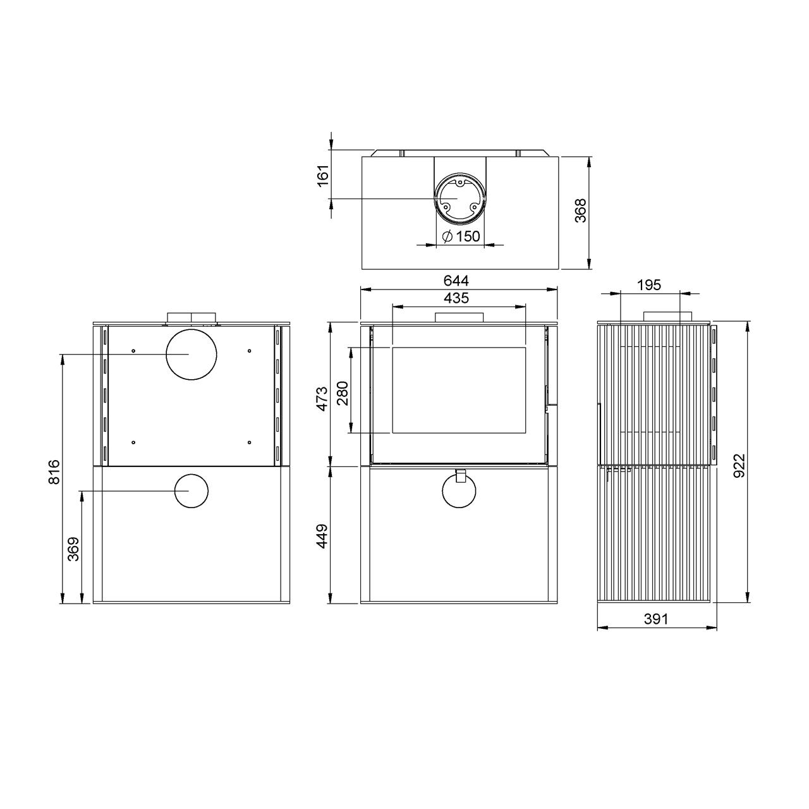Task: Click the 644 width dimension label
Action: [456, 280]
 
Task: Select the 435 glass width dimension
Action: [456, 298]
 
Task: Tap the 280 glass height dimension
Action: [343, 393]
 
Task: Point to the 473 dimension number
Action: [322, 399]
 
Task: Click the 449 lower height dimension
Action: [322, 536]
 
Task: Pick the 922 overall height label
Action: [739, 465]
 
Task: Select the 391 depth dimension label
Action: [655, 618]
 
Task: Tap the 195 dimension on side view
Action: [649, 285]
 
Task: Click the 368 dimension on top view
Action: [581, 210]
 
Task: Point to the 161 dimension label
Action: [323, 176]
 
